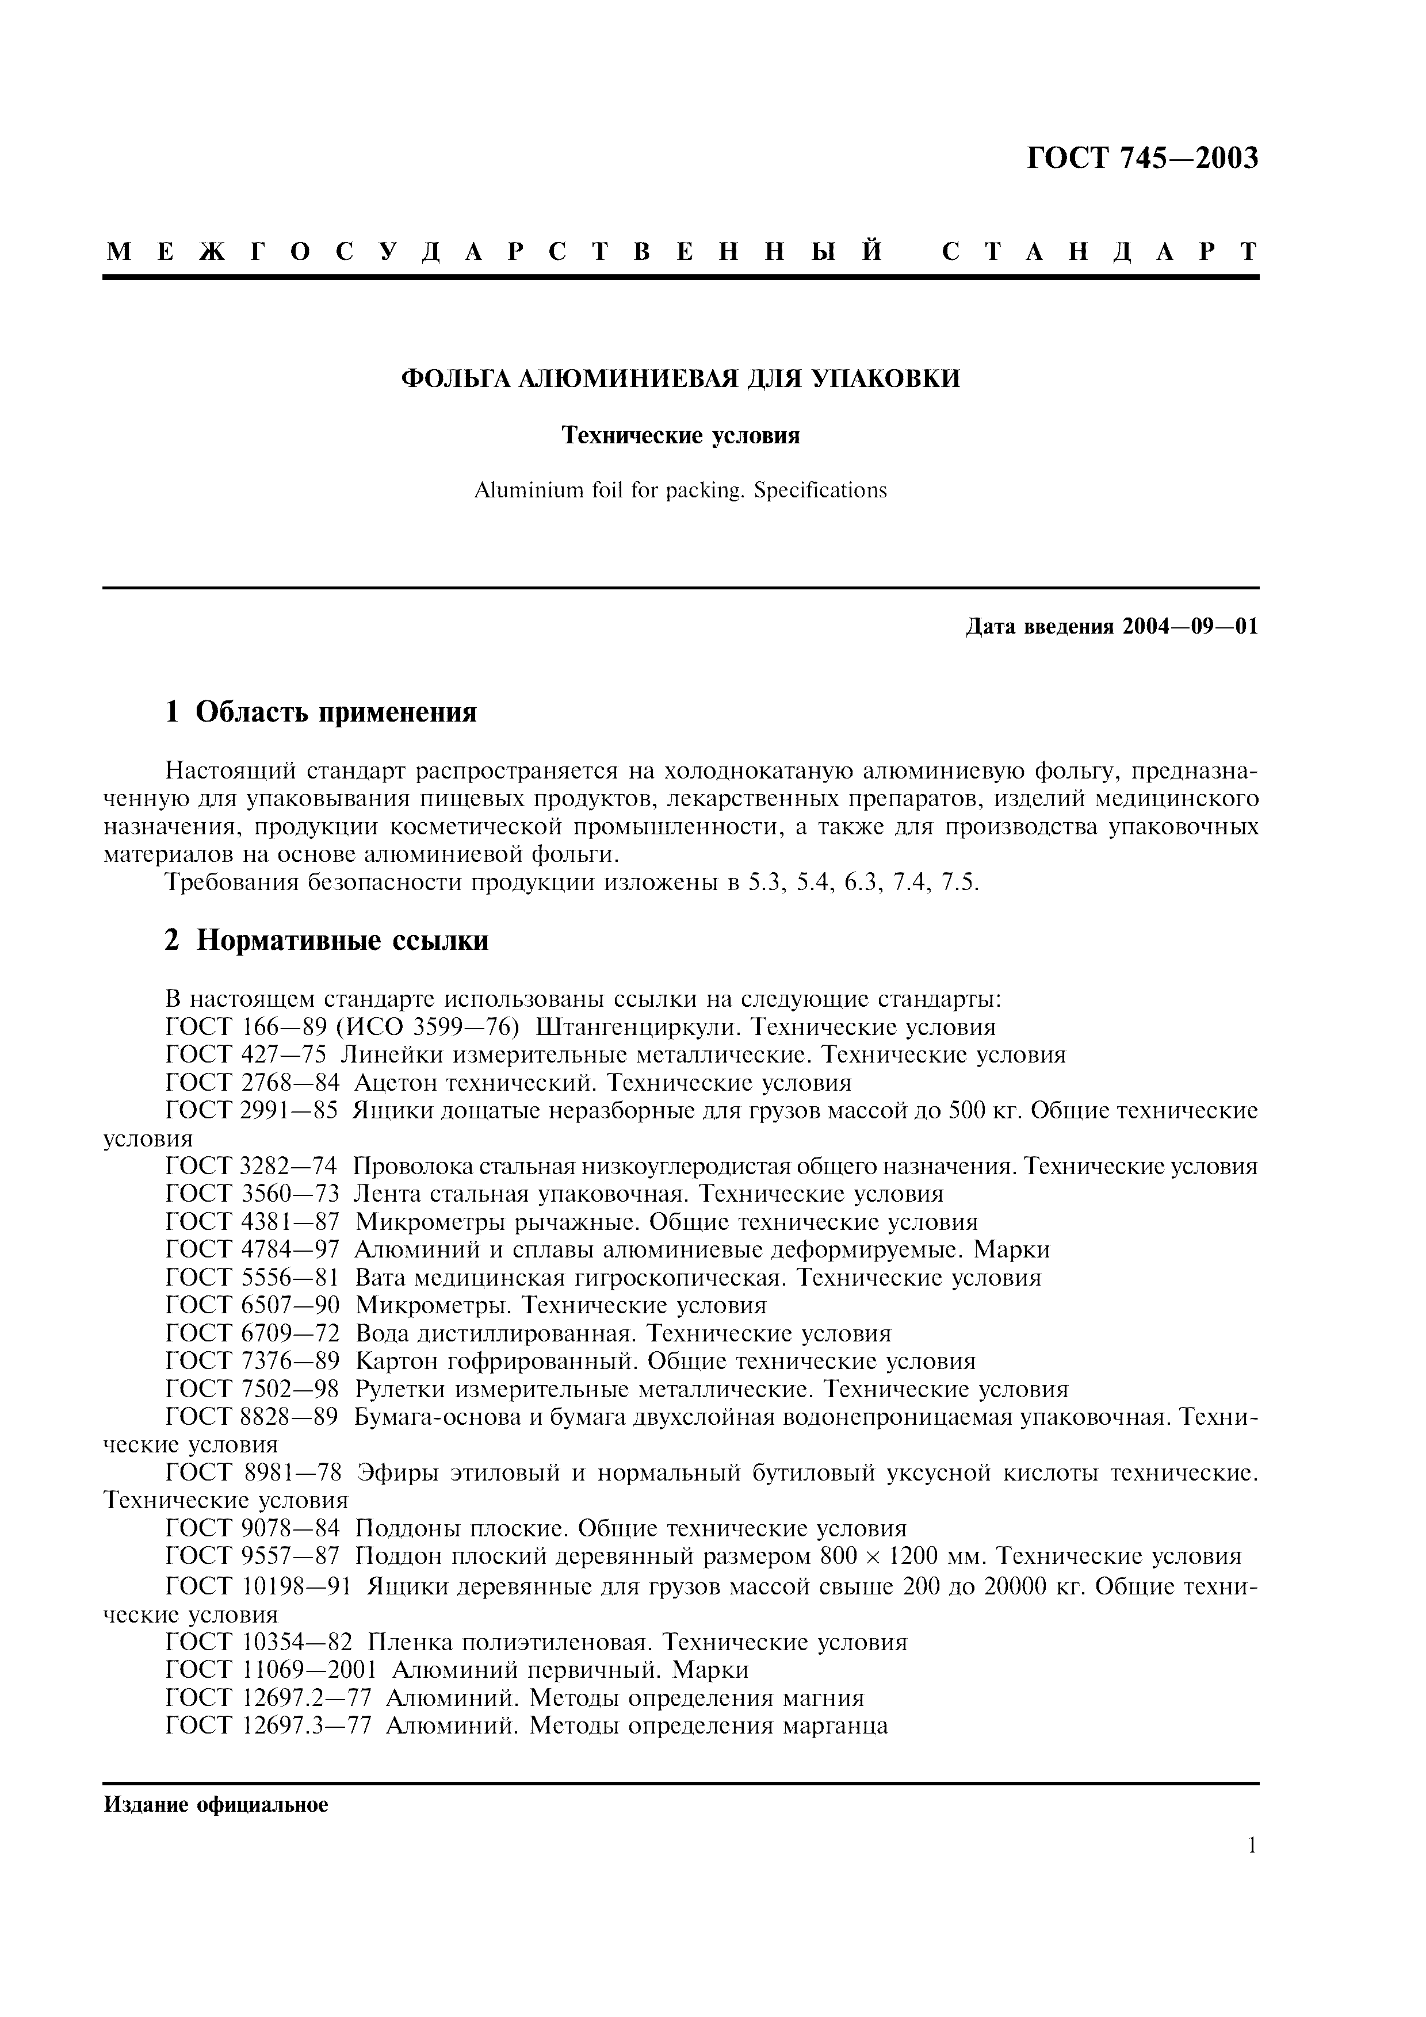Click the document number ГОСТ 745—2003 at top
point(1142,158)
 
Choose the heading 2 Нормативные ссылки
point(327,940)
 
